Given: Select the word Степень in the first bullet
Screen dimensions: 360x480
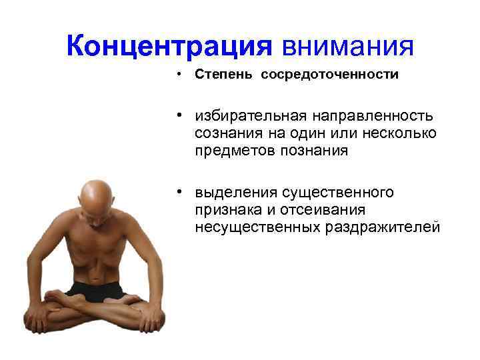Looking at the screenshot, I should pos(223,75).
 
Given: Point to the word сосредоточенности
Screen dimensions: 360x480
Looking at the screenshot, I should pos(330,75).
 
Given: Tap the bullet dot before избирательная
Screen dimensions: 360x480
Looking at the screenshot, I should pos(180,116).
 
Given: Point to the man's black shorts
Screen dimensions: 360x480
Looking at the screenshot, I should pos(97,288).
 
